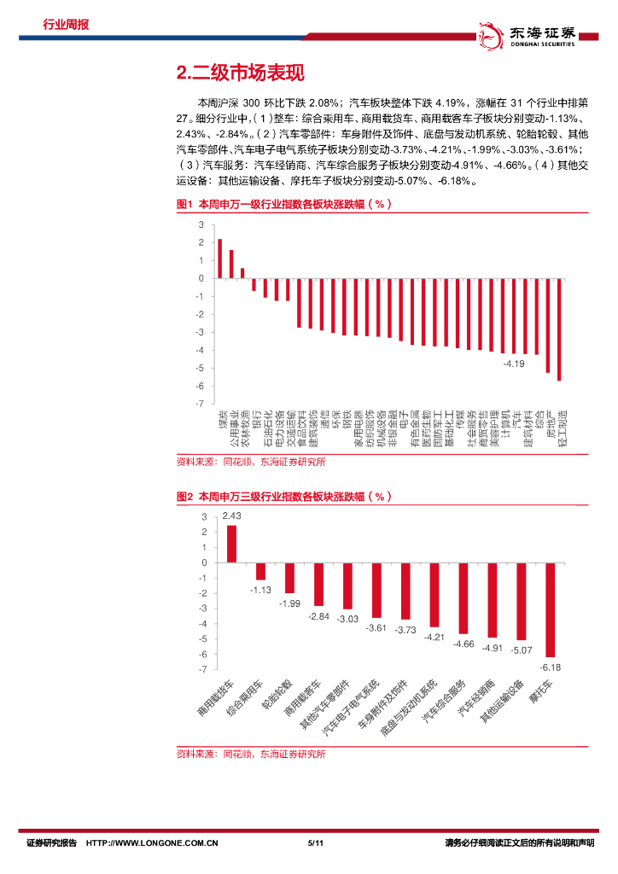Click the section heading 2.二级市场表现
tap(240, 73)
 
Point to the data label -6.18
tap(551, 667)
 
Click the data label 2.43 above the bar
tap(231, 516)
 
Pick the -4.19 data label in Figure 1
tap(513, 364)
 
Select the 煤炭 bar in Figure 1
tap(219, 259)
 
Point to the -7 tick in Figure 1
tap(201, 403)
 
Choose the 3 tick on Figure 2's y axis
tap(204, 517)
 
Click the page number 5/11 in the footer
tap(312, 843)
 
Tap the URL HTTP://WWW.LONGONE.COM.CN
tap(153, 843)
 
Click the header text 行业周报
tap(66, 25)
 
